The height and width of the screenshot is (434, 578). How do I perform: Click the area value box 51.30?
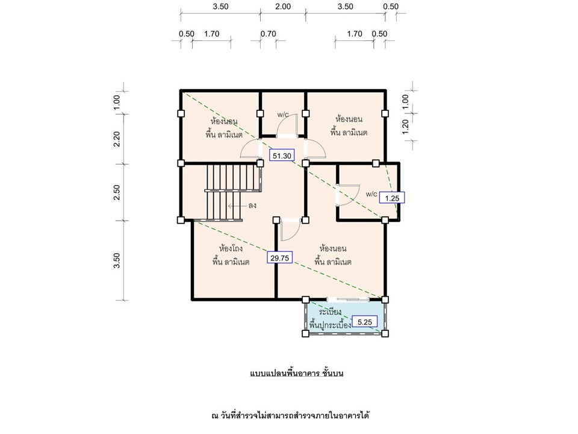(282, 156)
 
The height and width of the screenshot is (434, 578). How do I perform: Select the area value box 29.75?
(280, 258)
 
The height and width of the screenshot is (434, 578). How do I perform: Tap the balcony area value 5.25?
(365, 322)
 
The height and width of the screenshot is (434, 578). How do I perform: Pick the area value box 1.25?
(392, 198)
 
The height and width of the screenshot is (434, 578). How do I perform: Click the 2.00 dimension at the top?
(283, 6)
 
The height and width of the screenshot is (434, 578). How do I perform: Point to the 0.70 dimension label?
(269, 34)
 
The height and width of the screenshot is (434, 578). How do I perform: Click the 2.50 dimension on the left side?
(117, 192)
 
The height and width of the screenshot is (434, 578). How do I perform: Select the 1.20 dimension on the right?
(405, 127)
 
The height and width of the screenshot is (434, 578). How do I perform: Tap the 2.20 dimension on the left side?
(117, 139)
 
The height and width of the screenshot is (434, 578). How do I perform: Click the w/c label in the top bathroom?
(283, 115)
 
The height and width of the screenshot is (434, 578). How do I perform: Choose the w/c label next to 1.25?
(371, 194)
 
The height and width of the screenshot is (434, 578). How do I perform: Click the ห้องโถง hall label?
(231, 248)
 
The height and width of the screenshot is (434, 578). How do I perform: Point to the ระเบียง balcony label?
(330, 312)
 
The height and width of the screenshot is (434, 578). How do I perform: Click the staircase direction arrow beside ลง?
(237, 206)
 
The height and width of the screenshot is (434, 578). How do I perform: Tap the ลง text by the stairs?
(252, 205)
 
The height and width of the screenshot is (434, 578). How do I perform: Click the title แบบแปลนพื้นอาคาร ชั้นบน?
(297, 373)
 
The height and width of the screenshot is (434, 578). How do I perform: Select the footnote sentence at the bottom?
(290, 415)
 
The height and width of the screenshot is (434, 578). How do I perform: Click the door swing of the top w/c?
(287, 125)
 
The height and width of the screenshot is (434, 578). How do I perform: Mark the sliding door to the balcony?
(348, 298)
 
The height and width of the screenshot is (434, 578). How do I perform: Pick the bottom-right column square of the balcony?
(385, 333)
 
